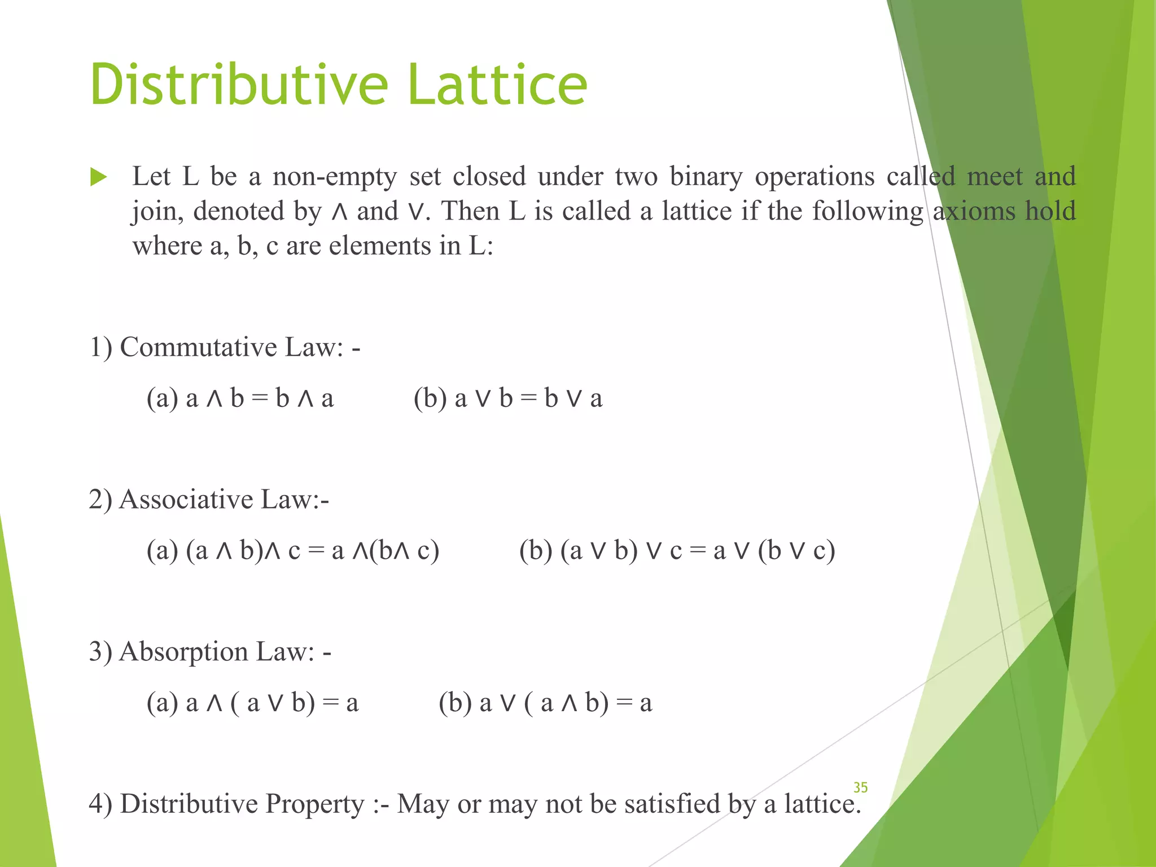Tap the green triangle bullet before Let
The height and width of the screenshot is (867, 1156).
click(x=98, y=178)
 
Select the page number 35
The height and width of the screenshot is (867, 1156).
click(x=860, y=787)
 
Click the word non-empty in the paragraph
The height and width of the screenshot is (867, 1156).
click(x=335, y=177)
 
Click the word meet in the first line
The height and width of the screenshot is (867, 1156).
click(x=995, y=177)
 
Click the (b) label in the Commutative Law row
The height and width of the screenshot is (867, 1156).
click(x=430, y=399)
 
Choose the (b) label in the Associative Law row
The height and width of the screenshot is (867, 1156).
click(x=536, y=551)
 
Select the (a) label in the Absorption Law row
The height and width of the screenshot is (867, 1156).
click(x=163, y=703)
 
